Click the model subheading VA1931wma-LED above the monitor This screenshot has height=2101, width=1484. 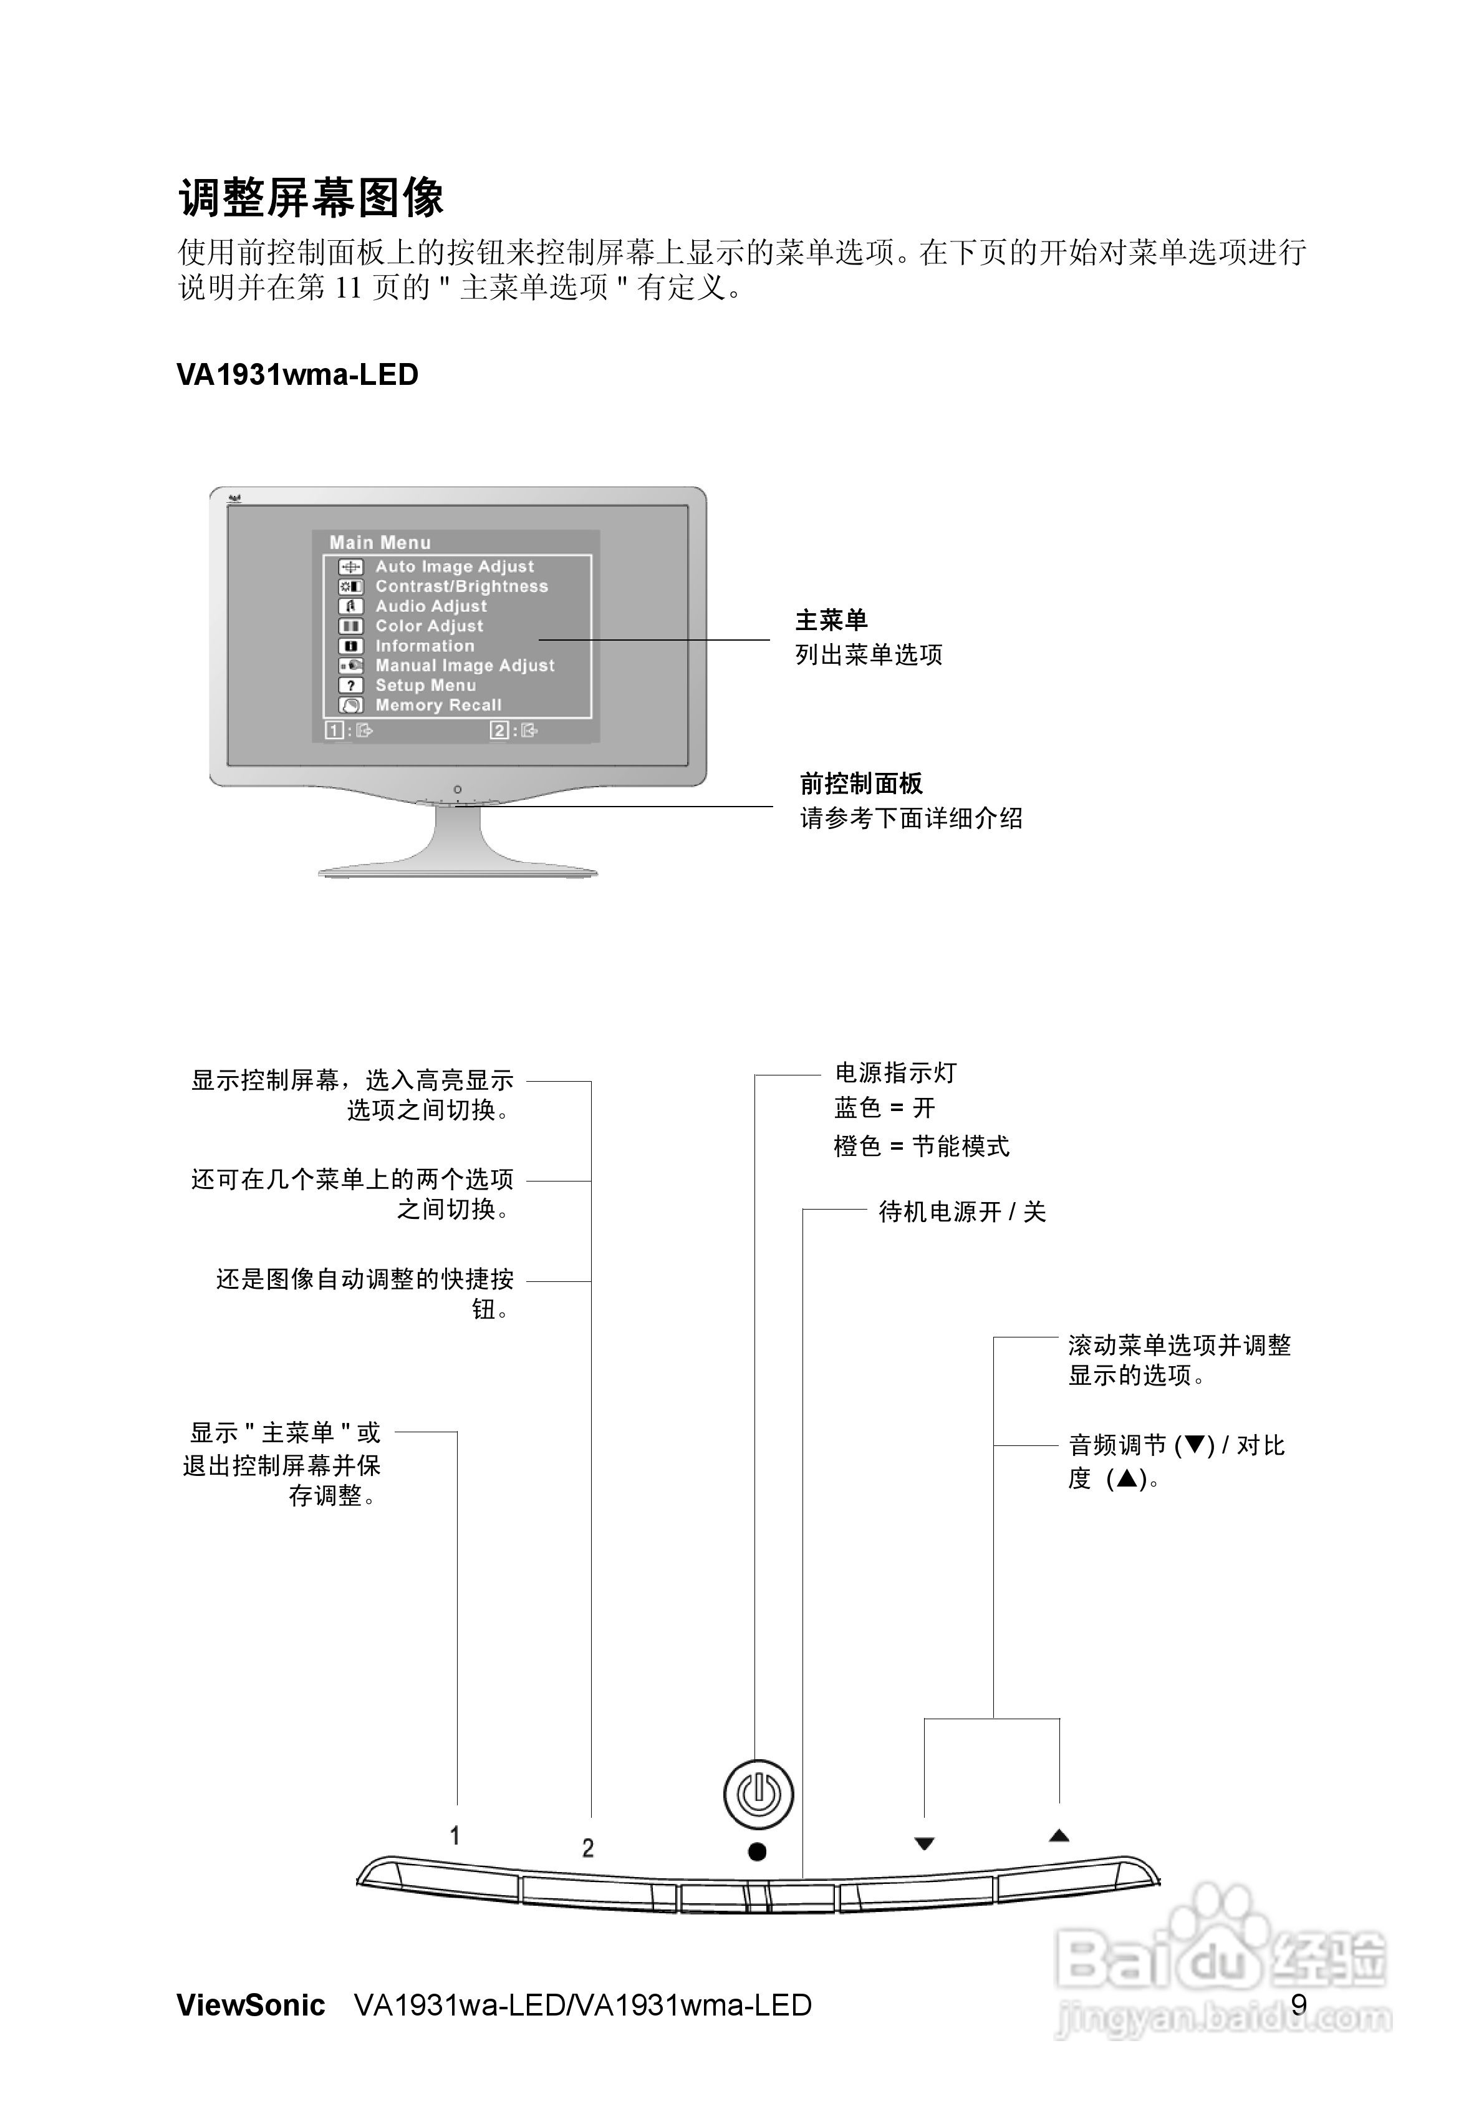pos(297,375)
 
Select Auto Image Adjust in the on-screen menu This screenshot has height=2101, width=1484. pos(455,566)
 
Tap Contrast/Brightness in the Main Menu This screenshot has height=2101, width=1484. pos(462,586)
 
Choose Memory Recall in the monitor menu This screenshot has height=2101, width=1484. pos(438,706)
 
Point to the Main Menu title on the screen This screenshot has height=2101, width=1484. pos(380,543)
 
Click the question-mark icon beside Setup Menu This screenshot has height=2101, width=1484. pos(350,686)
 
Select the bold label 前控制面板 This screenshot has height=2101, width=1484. pos(862,784)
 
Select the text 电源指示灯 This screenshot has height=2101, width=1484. pos(896,1072)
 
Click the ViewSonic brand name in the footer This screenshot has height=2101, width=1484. pos(251,2005)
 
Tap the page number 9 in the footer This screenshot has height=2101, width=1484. pos(1299,2005)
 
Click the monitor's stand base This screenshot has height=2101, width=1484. pos(458,870)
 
